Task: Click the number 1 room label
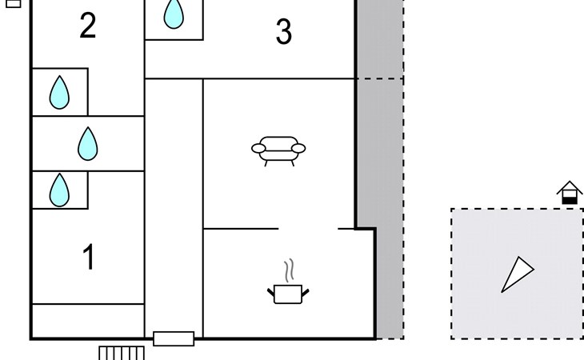click(89, 257)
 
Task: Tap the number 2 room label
click(88, 26)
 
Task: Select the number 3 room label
click(284, 32)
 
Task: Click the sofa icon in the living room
click(278, 150)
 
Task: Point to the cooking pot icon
click(288, 294)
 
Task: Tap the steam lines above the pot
click(290, 270)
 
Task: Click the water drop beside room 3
click(174, 14)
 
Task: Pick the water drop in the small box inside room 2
click(59, 92)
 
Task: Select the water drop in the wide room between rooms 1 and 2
click(88, 144)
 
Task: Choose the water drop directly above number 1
click(59, 190)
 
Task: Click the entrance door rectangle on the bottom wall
click(174, 338)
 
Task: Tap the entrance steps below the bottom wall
click(122, 353)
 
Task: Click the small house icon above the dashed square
click(570, 193)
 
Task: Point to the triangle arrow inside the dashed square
click(518, 274)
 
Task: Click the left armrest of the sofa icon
click(258, 149)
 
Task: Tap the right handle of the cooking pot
click(305, 293)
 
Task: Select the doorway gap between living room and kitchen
click(308, 228)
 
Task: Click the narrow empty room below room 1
click(88, 321)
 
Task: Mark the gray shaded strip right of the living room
click(381, 170)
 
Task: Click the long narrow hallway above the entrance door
click(174, 205)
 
